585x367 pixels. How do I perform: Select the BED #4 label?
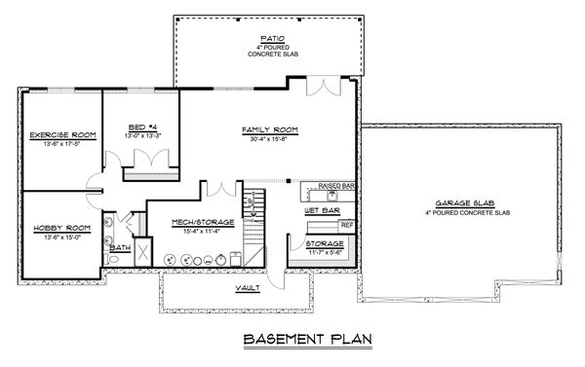142,127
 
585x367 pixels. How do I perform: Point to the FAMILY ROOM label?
269,128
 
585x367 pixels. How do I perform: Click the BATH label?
120,247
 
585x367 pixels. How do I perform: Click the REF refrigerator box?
347,225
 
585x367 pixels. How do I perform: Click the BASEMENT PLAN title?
292,341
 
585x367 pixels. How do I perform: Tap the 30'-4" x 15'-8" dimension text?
269,138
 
